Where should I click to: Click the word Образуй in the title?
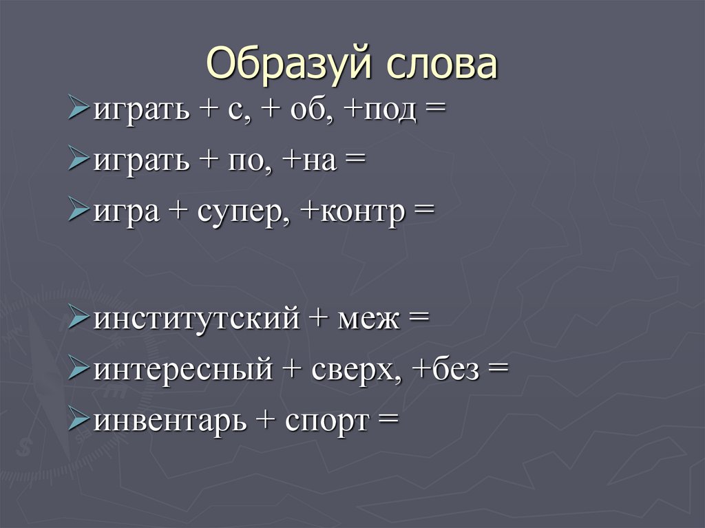(290, 64)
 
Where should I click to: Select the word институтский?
(196, 319)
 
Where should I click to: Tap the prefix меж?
(365, 319)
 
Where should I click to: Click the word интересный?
(182, 370)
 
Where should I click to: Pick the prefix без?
(454, 370)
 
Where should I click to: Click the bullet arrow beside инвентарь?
(79, 419)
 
